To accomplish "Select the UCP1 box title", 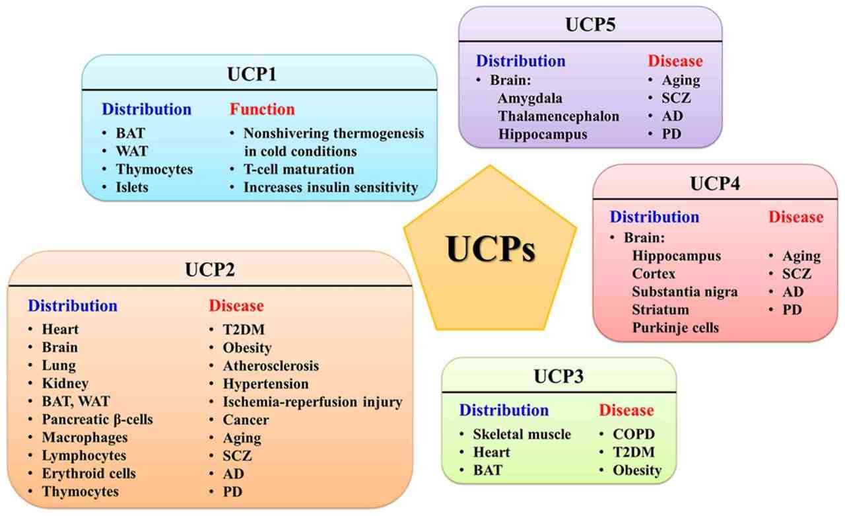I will point(258,73).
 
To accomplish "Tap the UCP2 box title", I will point(209,270).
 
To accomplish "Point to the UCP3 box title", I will point(560,377).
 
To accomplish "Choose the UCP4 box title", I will point(716,183).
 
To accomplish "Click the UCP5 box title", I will point(591,24).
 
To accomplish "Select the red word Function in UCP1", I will point(262,109).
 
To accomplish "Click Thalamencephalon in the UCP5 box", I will point(558,116).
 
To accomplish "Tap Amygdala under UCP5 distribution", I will point(531,98).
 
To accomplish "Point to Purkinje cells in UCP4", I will point(675,327).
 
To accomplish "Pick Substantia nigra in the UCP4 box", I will point(685,291).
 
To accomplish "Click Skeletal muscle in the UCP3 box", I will point(522,434).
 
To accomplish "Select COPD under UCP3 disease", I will point(637,434).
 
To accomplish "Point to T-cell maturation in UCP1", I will point(298,169).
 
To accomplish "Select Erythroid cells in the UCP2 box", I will point(89,473).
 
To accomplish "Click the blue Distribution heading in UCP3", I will point(504,410).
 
